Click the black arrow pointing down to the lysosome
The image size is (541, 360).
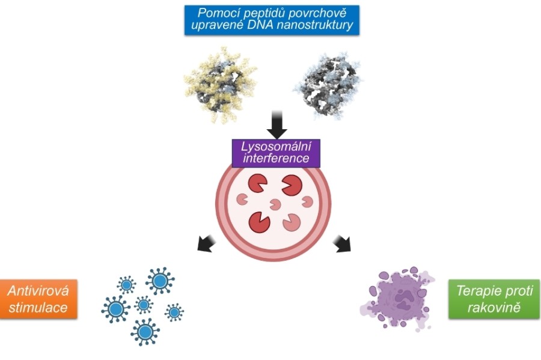pos(277,123)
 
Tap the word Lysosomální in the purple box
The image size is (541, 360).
pos(276,147)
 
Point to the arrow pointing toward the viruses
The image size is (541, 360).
pos(206,243)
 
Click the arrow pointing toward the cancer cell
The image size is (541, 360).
pos(344,243)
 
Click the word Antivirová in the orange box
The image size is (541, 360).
pos(38,291)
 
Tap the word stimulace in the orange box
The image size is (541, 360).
pos(38,308)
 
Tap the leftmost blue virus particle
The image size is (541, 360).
pos(115,308)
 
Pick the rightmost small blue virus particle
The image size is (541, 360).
pos(174,312)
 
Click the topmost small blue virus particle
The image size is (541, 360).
pos(127,284)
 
